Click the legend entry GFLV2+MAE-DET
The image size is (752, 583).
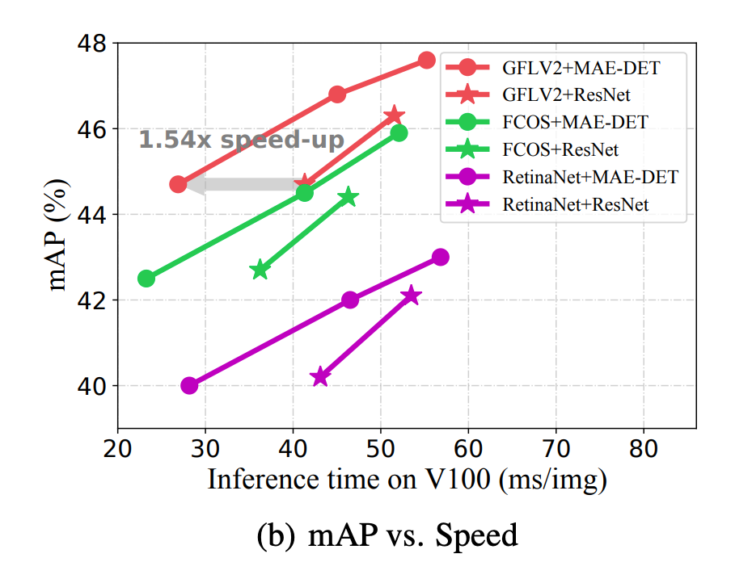point(581,68)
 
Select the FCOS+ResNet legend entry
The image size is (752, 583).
point(560,150)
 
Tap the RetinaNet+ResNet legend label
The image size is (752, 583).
point(575,205)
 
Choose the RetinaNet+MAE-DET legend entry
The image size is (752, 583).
point(589,178)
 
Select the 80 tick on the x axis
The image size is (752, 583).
point(643,447)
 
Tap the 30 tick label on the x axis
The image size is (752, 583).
point(205,447)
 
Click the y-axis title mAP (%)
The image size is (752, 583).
point(61,234)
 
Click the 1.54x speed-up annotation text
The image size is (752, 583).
point(241,141)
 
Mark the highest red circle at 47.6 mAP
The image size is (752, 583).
point(427,60)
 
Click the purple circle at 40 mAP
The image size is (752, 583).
point(189,385)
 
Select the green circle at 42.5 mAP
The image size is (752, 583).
point(146,279)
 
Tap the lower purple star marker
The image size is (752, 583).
point(320,377)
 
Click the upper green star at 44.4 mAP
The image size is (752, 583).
point(349,197)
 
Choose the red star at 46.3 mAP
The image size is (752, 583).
point(394,115)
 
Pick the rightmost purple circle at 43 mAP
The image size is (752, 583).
point(441,257)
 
